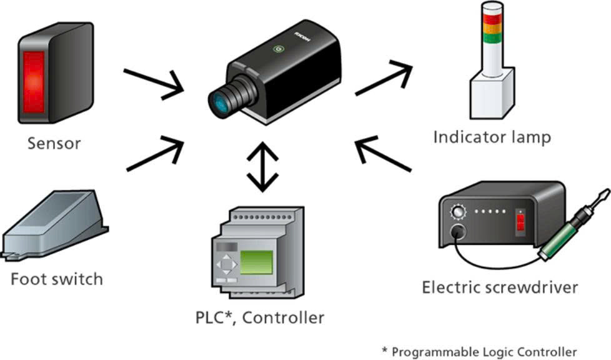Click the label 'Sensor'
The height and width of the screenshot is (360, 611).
click(x=54, y=143)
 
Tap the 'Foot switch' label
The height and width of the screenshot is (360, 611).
click(x=57, y=279)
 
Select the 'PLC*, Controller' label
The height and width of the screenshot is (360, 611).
click(x=260, y=317)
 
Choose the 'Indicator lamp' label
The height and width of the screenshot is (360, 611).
click(x=492, y=137)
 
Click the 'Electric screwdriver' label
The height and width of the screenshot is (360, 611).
click(x=500, y=287)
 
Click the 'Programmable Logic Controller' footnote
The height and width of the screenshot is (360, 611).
click(x=479, y=351)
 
